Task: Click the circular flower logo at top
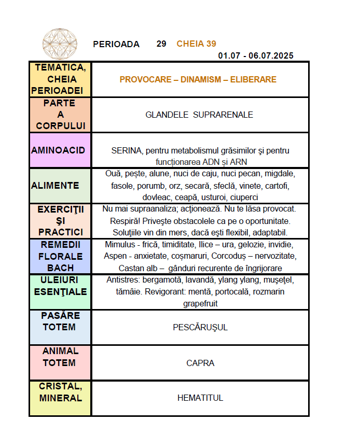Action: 60,44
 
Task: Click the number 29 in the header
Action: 161,44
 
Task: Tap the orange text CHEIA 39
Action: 196,44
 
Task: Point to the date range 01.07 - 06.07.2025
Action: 256,55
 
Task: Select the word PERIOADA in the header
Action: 116,44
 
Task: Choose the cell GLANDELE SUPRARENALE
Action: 199,115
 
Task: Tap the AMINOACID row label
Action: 58,150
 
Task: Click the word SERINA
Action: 126,151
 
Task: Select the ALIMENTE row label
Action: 56,186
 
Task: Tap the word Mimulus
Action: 120,244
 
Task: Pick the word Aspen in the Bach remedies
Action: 115,256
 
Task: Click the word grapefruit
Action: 200,303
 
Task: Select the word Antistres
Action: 123,280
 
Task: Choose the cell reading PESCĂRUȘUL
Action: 200,327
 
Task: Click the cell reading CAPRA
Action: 200,363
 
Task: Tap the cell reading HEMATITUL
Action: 200,398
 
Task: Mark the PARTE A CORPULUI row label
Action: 60,115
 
